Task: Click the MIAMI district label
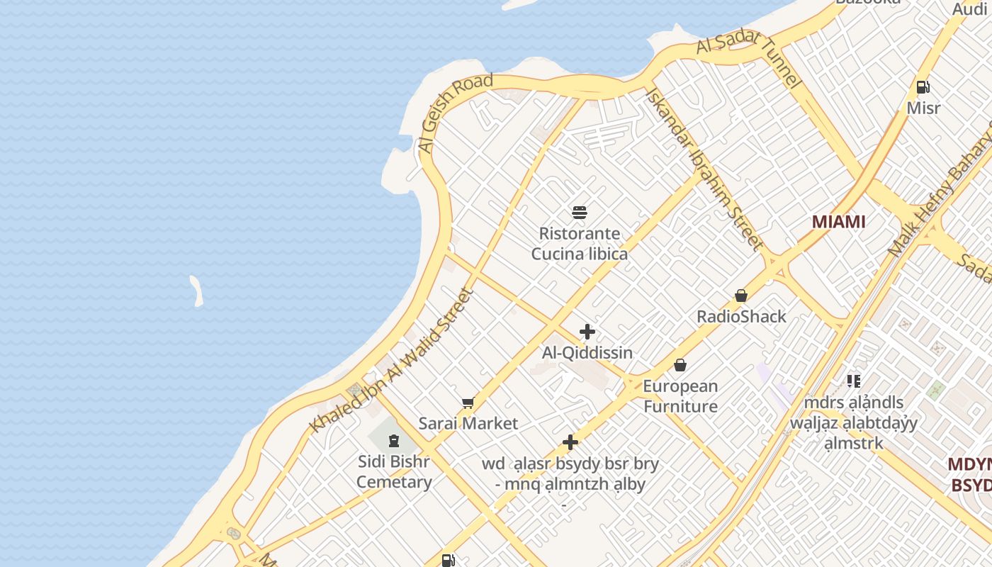pyautogui.click(x=838, y=222)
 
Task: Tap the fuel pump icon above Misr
pyautogui.click(x=923, y=87)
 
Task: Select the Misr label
pyautogui.click(x=923, y=108)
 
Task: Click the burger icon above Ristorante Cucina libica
pyautogui.click(x=580, y=212)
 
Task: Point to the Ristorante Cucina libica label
pyautogui.click(x=580, y=244)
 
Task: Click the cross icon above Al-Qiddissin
pyautogui.click(x=587, y=331)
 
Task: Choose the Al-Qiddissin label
pyautogui.click(x=587, y=352)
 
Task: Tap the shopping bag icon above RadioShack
pyautogui.click(x=741, y=295)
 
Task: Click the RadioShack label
pyautogui.click(x=741, y=316)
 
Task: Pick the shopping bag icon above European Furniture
pyautogui.click(x=680, y=365)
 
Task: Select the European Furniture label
pyautogui.click(x=680, y=396)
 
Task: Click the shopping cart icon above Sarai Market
pyautogui.click(x=468, y=403)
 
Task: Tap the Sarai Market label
pyautogui.click(x=468, y=424)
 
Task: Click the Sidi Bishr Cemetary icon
pyautogui.click(x=394, y=441)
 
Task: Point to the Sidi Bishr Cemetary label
pyautogui.click(x=394, y=472)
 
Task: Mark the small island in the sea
pyautogui.click(x=196, y=291)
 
